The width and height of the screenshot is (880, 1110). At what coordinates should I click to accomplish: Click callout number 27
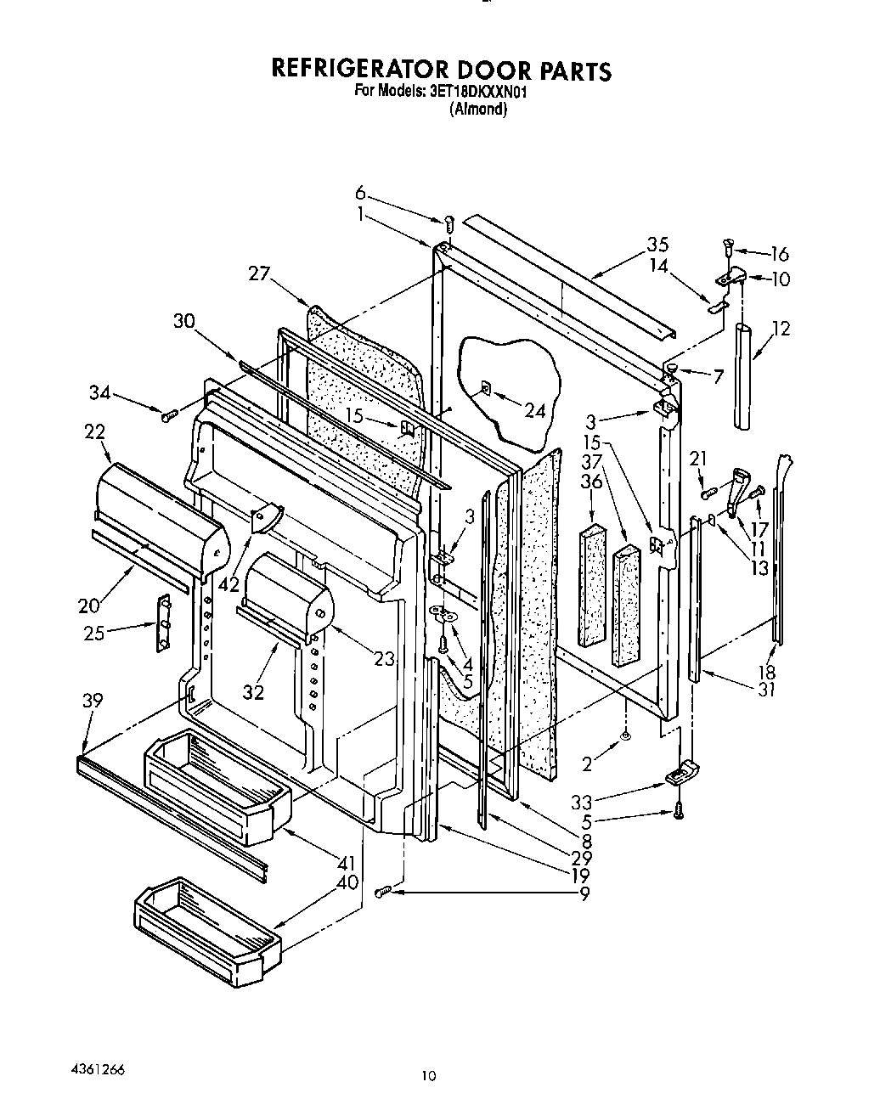click(x=259, y=273)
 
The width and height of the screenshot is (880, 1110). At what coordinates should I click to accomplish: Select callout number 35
click(x=657, y=244)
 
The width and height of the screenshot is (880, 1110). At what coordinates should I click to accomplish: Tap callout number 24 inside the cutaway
click(x=534, y=411)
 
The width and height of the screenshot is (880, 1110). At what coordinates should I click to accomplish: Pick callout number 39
click(x=93, y=701)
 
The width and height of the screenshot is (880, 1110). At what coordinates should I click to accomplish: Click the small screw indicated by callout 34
click(x=167, y=415)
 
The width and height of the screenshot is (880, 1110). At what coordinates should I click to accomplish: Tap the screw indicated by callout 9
click(x=383, y=890)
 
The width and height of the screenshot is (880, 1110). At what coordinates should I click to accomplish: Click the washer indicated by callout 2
click(x=625, y=736)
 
